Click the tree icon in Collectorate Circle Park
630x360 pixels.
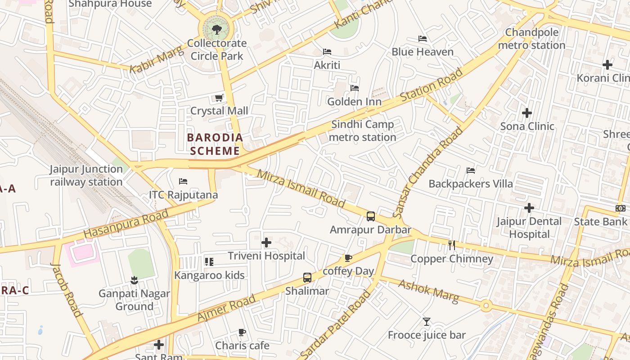(216, 30)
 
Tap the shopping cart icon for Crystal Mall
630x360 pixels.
(219, 98)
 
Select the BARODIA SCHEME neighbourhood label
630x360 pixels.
(215, 144)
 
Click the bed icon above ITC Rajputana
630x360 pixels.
(183, 181)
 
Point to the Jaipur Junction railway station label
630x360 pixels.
(86, 175)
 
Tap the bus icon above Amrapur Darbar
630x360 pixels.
(370, 216)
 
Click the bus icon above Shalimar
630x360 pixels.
(307, 277)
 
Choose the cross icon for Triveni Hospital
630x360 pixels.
(266, 243)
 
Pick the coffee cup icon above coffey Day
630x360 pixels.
(348, 258)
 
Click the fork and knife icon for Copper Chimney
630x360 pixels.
(452, 245)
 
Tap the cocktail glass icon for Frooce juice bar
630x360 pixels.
(427, 322)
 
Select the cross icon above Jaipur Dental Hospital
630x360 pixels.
(529, 208)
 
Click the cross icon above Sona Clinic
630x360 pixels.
(527, 113)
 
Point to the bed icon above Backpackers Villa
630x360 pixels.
(471, 171)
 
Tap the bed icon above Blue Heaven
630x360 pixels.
(422, 39)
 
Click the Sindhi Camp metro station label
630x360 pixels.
(362, 130)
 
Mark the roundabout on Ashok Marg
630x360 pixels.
(486, 306)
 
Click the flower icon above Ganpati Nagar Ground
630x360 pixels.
(134, 280)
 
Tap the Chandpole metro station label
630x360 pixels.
(531, 39)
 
